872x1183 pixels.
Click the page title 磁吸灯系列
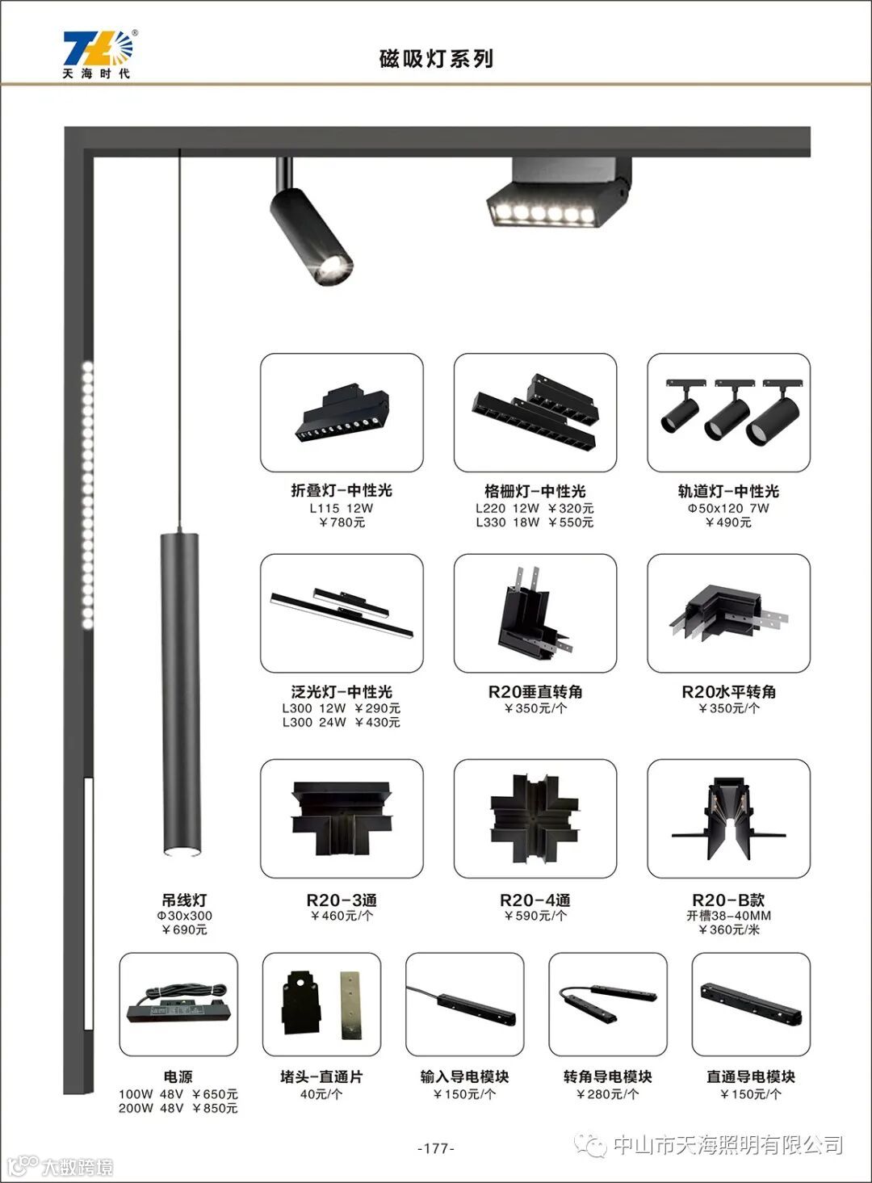pos(436,59)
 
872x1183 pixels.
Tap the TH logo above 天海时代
pos(99,48)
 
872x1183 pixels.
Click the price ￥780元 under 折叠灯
pos(342,522)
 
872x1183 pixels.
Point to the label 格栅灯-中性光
pos(535,491)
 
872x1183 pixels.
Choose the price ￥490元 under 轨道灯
pos(728,522)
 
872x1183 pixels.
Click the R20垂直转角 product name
pos(535,691)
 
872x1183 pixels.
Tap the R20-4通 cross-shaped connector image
pos(535,818)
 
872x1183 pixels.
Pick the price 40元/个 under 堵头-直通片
pos(321,1093)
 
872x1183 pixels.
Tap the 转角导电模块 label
pos(607,1076)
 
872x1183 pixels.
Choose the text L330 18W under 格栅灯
pos(507,522)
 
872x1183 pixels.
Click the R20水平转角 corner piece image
pos(728,613)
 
